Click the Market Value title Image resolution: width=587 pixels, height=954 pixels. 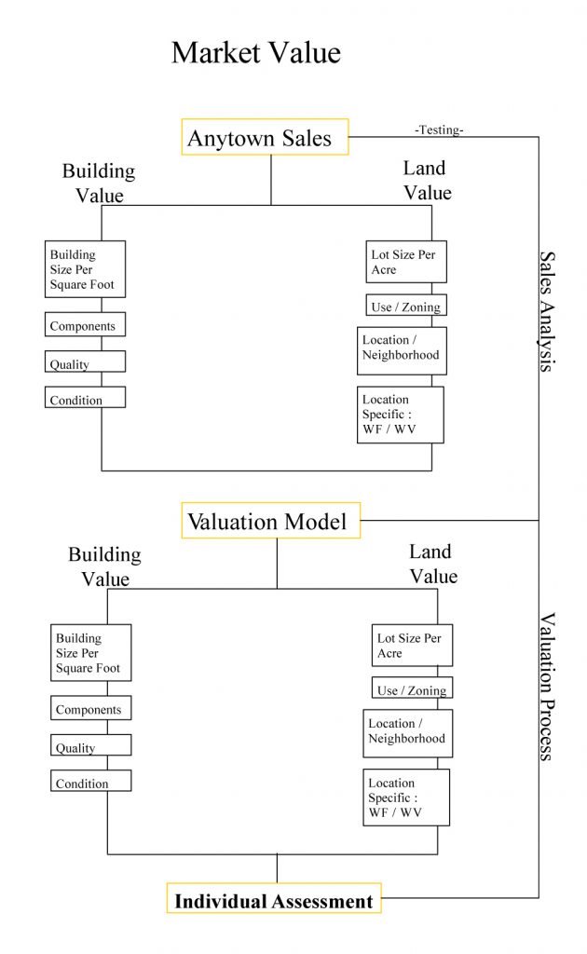[x=256, y=53]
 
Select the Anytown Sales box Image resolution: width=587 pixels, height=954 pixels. [x=265, y=138]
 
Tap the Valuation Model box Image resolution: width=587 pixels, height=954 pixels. [x=270, y=521]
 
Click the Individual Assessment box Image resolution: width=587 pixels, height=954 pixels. [x=274, y=901]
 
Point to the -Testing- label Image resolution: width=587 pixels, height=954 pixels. [x=439, y=130]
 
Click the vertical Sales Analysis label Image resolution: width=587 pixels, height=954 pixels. [x=547, y=311]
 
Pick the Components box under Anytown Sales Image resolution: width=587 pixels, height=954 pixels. [x=85, y=325]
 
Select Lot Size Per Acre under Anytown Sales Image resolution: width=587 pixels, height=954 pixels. [x=406, y=262]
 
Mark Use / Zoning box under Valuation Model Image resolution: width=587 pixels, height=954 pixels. [x=412, y=688]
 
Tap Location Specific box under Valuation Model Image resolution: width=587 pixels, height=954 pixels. [x=406, y=797]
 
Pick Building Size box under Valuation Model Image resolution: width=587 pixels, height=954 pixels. [x=90, y=653]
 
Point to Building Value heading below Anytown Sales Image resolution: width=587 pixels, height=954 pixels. [x=99, y=183]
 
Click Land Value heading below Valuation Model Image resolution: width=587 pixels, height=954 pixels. [x=433, y=565]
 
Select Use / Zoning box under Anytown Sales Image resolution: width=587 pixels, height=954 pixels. [x=405, y=306]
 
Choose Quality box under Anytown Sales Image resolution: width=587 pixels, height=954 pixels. [x=85, y=362]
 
